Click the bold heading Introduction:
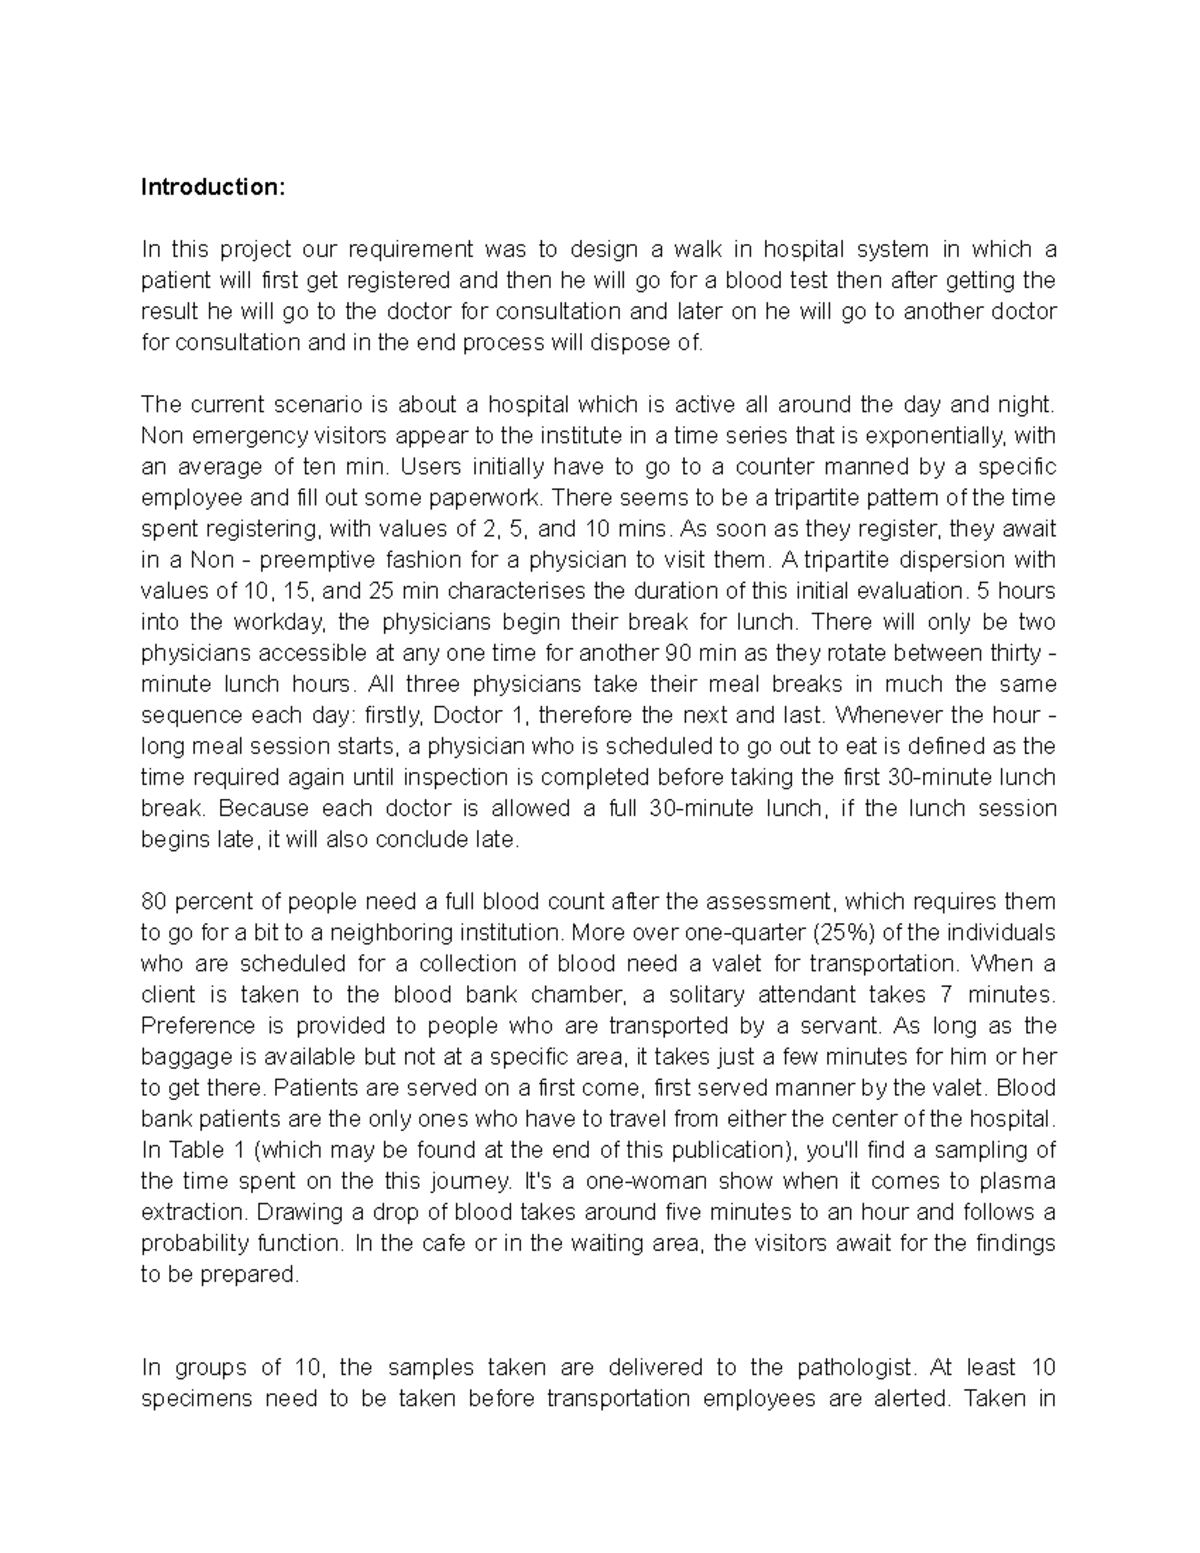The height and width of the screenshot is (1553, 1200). click(x=213, y=187)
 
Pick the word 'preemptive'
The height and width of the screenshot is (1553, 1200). click(x=341, y=560)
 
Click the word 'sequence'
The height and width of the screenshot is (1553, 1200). click(x=191, y=716)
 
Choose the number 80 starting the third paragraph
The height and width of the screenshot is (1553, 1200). click(x=155, y=902)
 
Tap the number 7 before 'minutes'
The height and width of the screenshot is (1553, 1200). click(x=947, y=995)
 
